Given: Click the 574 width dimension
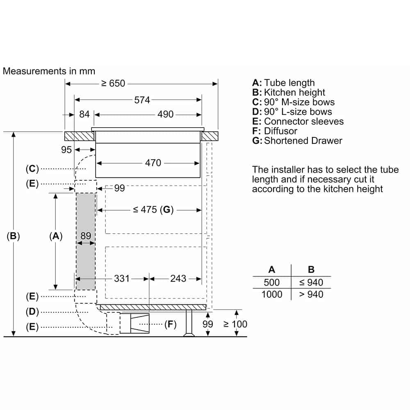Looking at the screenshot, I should tap(142, 100).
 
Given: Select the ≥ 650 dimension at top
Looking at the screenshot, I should tap(113, 84).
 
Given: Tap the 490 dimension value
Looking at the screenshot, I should tap(166, 114).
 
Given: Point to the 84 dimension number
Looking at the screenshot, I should tap(84, 114).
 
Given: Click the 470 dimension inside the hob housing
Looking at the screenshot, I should tap(153, 163).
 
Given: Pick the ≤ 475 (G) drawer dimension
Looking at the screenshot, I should tap(153, 210).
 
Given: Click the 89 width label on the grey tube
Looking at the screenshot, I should tap(86, 236).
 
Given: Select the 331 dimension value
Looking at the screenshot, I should tap(121, 279).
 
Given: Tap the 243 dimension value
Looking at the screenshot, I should tap(178, 279).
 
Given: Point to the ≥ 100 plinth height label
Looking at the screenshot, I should tap(235, 324).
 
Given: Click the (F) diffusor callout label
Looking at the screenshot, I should tap(170, 325).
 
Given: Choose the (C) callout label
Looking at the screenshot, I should tap(32, 169).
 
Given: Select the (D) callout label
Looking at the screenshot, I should tap(32, 312).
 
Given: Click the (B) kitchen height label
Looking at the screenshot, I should tap(14, 236).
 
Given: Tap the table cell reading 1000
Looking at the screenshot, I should tap(271, 294).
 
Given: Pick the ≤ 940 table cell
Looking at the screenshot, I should tap(311, 282).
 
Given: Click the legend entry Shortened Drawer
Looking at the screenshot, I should tap(303, 141).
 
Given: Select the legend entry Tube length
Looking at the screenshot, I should tap(289, 83).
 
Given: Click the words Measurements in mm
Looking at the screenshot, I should tap(49, 71).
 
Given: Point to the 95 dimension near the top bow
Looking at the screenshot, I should tap(66, 150).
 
